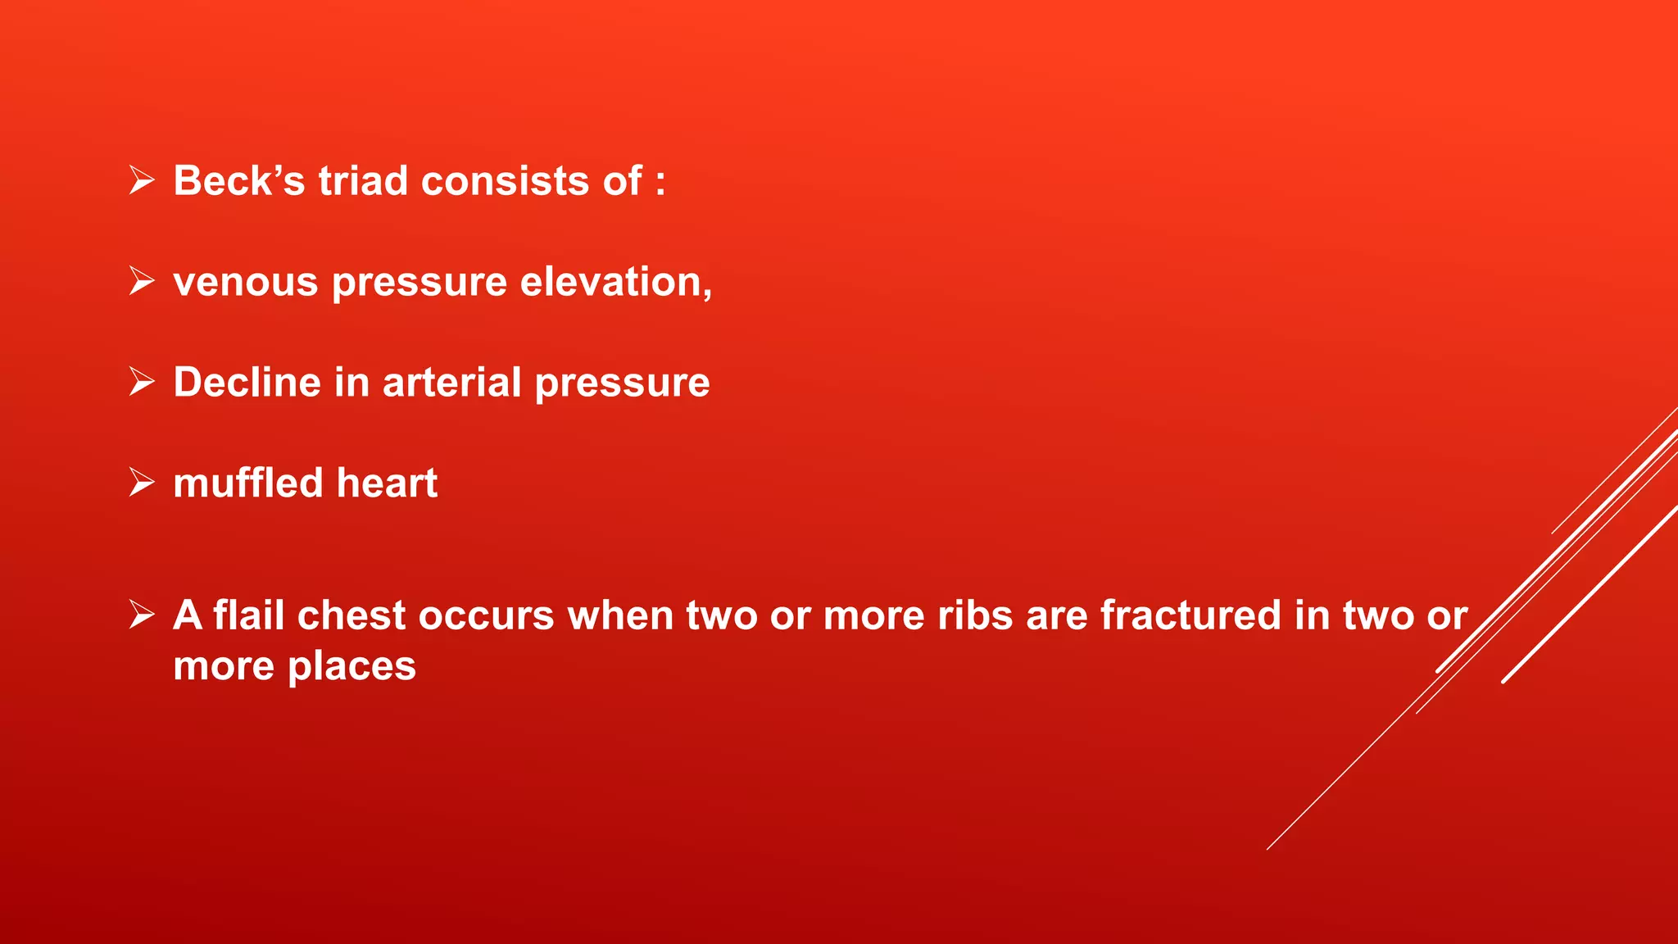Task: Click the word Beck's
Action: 238,181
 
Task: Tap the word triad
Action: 363,181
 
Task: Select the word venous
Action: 245,284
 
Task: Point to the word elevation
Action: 615,282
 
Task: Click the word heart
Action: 387,483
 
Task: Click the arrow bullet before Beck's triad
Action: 142,180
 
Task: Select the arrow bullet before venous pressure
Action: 142,281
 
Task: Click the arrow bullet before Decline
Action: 142,382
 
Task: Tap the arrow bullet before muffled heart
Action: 142,483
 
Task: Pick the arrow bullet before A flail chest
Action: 142,615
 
